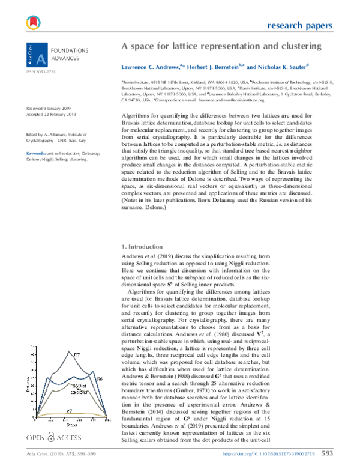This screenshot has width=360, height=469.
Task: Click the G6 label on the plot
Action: click(x=100, y=378)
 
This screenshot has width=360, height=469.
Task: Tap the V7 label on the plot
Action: click(x=71, y=411)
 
